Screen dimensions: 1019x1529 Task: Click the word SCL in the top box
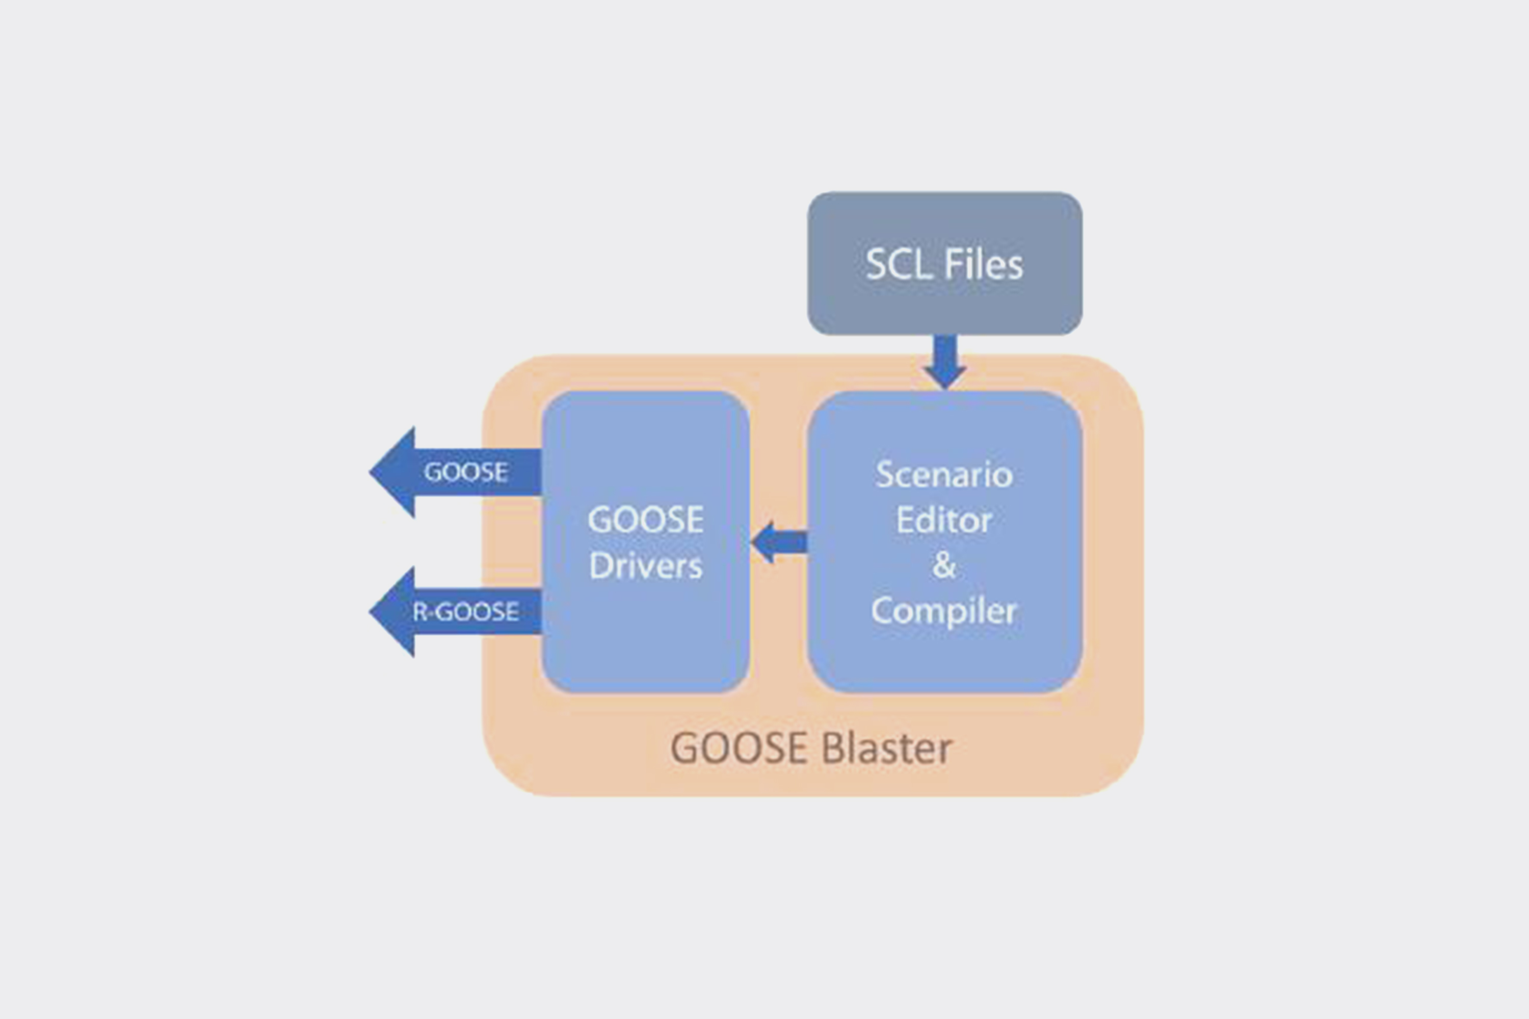click(899, 264)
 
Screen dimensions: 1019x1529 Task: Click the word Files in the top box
click(983, 264)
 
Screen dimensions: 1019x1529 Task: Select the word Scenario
click(944, 475)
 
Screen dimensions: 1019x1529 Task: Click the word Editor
click(944, 520)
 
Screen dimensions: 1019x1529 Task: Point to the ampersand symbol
click(944, 565)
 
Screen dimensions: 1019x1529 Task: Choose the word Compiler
click(944, 611)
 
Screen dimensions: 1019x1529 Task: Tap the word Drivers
click(646, 566)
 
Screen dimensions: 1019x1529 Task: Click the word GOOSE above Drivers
click(646, 520)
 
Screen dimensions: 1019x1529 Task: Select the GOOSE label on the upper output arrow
click(465, 472)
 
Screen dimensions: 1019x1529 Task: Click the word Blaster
click(887, 748)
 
